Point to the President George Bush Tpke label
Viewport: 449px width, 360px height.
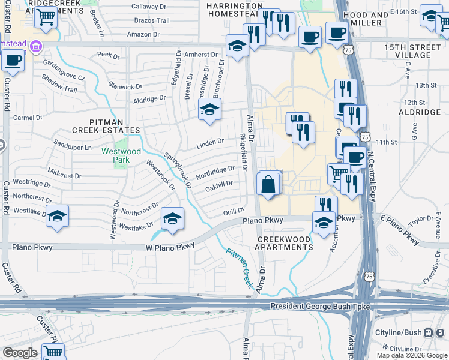(319, 307)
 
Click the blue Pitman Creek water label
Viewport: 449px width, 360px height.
(239, 268)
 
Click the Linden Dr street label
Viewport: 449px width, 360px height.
(210, 144)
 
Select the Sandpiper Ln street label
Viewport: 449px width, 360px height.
(72, 147)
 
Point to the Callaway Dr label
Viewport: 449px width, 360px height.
(148, 6)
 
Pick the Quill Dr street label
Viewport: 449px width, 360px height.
(232, 211)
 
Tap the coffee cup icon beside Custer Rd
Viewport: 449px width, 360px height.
(13, 60)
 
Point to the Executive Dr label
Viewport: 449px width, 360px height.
(431, 274)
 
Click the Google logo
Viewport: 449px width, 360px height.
(20, 353)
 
